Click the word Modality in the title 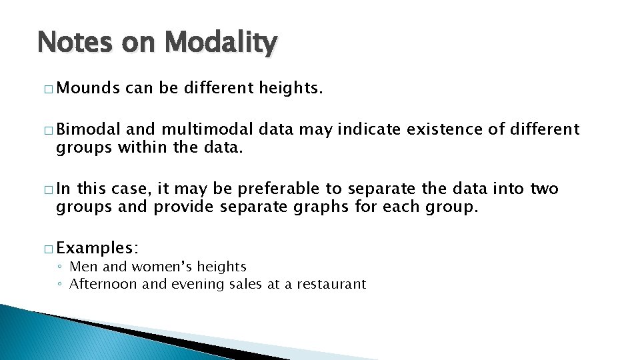tap(220, 43)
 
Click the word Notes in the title tap(75, 43)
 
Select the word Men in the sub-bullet tap(82, 267)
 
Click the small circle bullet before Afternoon tap(60, 285)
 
